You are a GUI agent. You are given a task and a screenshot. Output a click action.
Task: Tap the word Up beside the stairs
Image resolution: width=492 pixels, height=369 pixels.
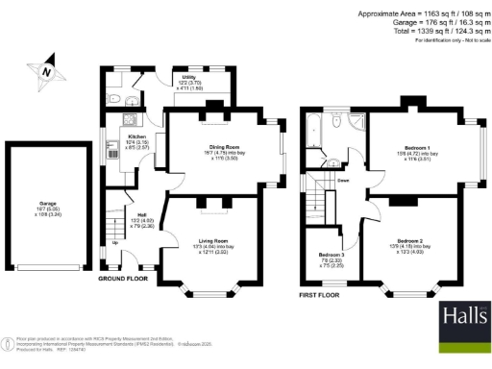pos(117,242)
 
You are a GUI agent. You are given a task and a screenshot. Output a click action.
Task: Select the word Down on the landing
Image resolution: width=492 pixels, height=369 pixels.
pos(342,180)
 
